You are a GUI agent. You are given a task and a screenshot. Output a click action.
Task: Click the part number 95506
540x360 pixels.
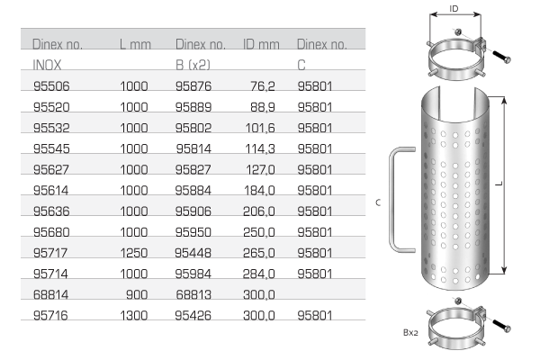pyautogui.click(x=51, y=86)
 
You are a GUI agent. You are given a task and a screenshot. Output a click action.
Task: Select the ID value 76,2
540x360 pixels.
pyautogui.click(x=263, y=86)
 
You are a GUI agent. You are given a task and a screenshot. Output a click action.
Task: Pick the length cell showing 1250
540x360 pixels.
pyautogui.click(x=134, y=253)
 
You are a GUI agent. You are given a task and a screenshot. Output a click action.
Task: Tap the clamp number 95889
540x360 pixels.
pyautogui.click(x=193, y=107)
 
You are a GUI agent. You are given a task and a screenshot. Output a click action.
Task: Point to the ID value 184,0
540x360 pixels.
pyautogui.click(x=259, y=190)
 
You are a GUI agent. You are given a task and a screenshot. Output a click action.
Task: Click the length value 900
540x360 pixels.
pyautogui.click(x=137, y=294)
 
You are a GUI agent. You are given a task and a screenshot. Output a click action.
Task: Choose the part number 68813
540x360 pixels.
pyautogui.click(x=193, y=294)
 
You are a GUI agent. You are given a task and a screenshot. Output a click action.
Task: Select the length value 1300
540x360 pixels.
pyautogui.click(x=134, y=315)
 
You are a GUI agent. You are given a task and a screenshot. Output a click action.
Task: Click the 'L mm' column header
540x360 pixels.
pyautogui.click(x=135, y=44)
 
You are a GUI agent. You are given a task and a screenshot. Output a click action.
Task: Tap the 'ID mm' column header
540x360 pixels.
pyautogui.click(x=261, y=44)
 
